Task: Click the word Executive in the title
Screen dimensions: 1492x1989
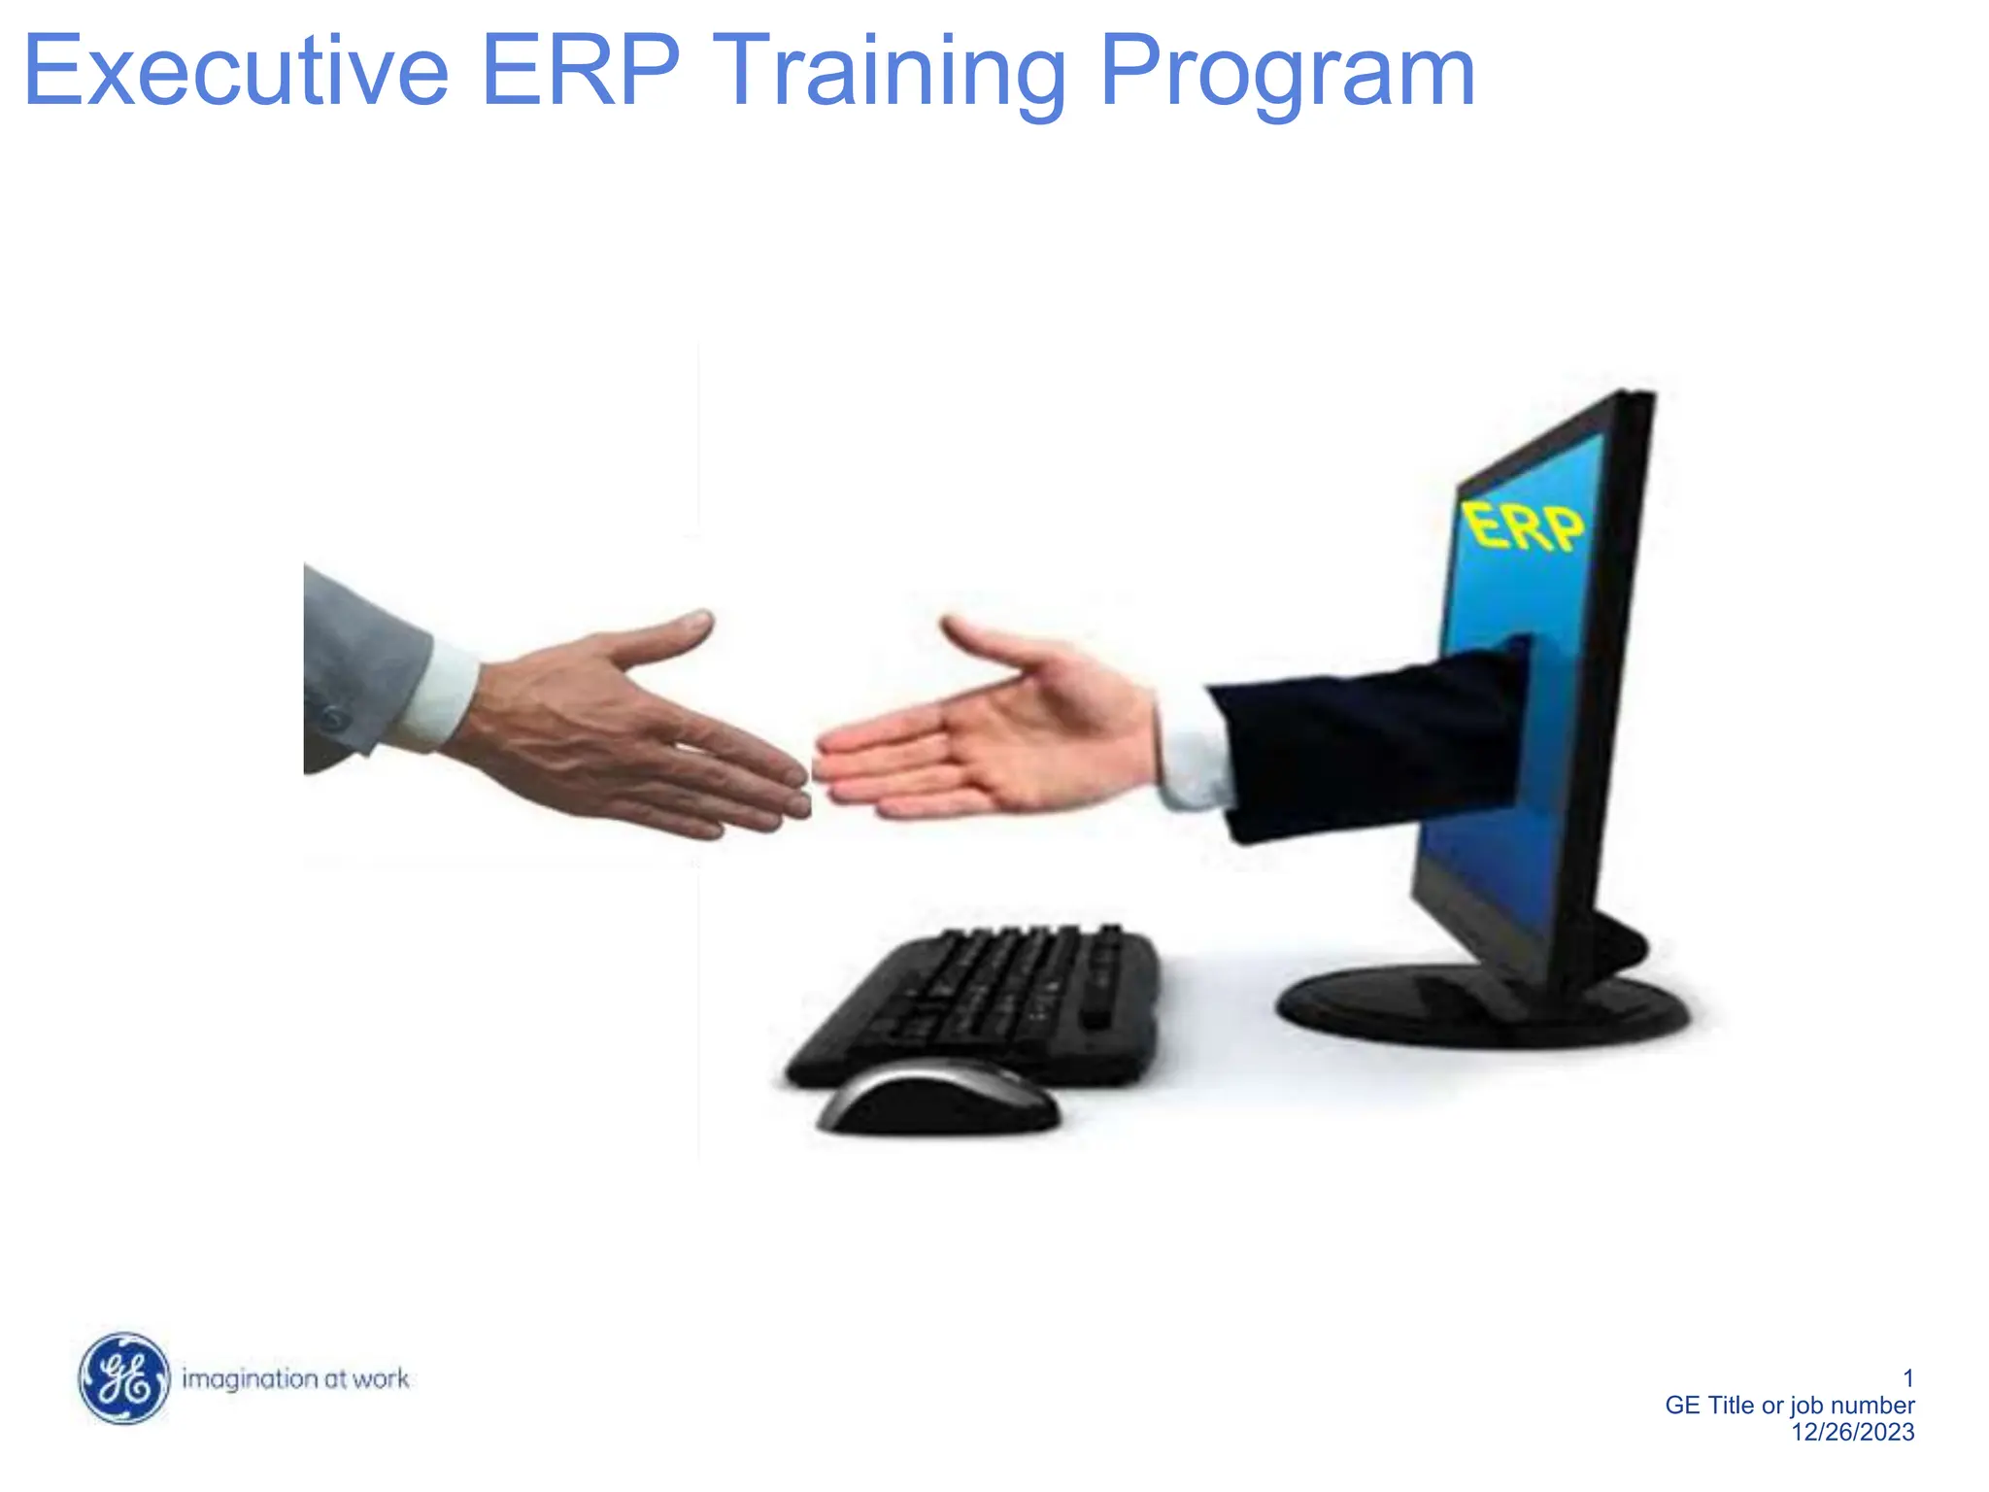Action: point(236,72)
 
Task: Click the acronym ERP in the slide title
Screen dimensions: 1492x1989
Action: point(580,72)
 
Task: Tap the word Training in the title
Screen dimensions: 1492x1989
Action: point(889,72)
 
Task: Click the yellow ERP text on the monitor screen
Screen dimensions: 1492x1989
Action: point(1522,528)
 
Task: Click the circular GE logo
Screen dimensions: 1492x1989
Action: point(123,1378)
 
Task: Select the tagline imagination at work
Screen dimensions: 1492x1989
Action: point(295,1379)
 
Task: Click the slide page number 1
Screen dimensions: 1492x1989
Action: point(1907,1378)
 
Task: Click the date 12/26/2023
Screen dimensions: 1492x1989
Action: point(1852,1432)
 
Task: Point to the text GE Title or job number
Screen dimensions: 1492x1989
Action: point(1789,1406)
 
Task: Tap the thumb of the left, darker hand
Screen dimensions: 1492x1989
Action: point(670,636)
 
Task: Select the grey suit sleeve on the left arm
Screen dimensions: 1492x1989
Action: point(359,661)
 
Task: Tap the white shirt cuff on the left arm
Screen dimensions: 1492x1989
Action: point(442,695)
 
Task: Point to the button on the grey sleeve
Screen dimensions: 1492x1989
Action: point(333,720)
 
